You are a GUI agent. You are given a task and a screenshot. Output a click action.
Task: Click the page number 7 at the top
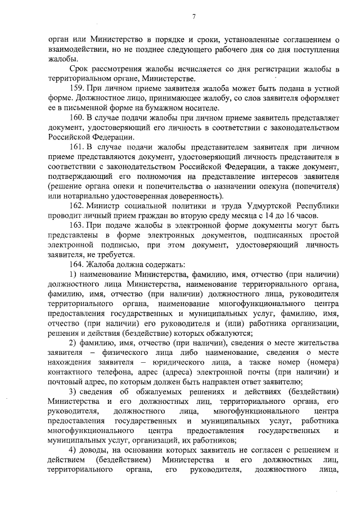click(193, 17)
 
